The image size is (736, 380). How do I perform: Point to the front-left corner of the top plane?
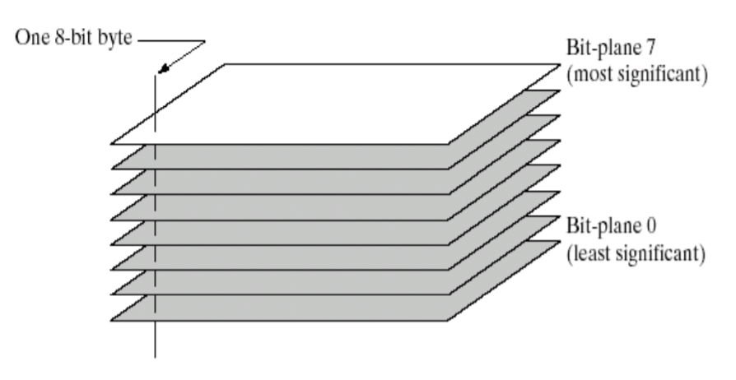tap(112, 144)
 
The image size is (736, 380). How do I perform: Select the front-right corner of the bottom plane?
tap(450, 321)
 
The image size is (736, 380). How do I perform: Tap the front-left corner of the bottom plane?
tap(112, 321)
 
